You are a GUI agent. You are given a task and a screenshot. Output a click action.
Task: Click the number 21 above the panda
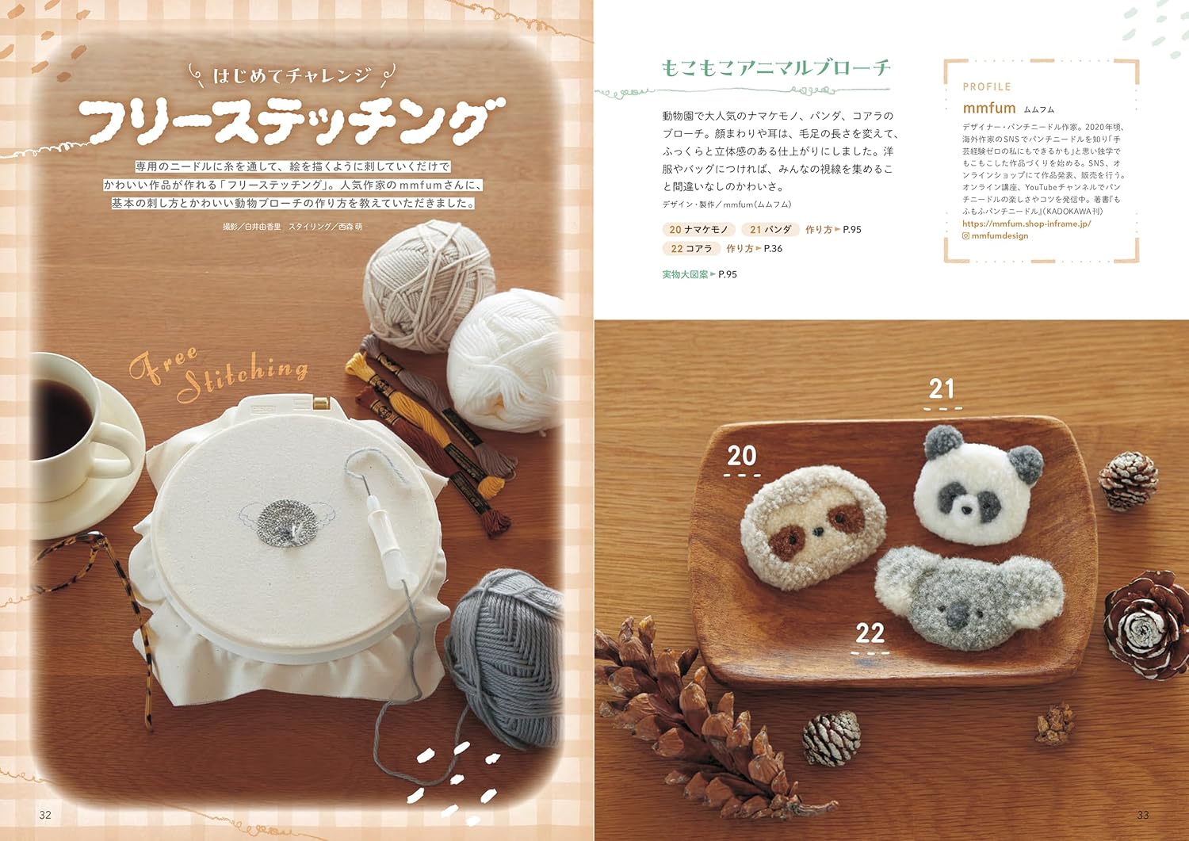pyautogui.click(x=942, y=389)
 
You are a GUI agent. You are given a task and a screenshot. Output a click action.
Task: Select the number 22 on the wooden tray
pyautogui.click(x=870, y=633)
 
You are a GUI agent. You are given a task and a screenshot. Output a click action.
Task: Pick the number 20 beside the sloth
pyautogui.click(x=741, y=456)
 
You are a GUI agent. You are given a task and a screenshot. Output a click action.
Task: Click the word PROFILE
pyautogui.click(x=987, y=86)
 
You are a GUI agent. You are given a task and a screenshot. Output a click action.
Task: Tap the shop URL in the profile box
pyautogui.click(x=1027, y=224)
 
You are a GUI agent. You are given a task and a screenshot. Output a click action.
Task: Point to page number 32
pyautogui.click(x=45, y=815)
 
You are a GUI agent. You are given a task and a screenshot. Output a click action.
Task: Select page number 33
pyautogui.click(x=1143, y=815)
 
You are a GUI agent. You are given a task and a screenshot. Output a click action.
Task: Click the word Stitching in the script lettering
pyautogui.click(x=243, y=379)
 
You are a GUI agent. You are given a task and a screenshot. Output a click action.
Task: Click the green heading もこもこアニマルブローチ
pyautogui.click(x=775, y=68)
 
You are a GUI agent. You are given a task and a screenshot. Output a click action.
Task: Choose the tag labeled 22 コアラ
pyautogui.click(x=691, y=248)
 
